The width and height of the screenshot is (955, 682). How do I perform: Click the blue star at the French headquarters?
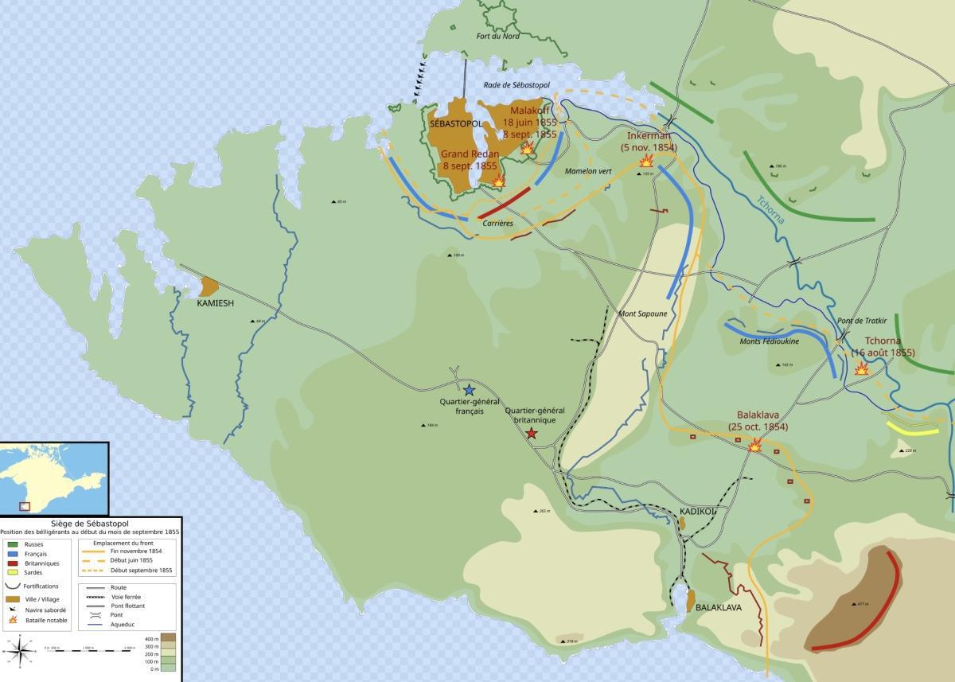(470, 390)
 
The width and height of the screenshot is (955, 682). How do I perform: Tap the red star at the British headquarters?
(531, 434)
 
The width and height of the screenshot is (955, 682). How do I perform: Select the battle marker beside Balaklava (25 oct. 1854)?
(754, 446)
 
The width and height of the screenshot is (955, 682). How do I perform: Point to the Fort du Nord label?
(497, 37)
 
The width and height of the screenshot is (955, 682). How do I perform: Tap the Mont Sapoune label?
(642, 314)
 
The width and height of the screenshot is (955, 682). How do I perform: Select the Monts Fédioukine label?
(768, 342)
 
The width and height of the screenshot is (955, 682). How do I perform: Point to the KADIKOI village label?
(697, 511)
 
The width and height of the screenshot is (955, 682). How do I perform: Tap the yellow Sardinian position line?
(914, 427)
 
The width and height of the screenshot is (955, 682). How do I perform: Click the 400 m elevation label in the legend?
(152, 639)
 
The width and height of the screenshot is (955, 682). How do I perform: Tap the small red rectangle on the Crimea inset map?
(24, 505)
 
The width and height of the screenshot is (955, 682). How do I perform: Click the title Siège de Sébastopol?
(89, 524)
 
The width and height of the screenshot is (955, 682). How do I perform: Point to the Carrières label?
(498, 224)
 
